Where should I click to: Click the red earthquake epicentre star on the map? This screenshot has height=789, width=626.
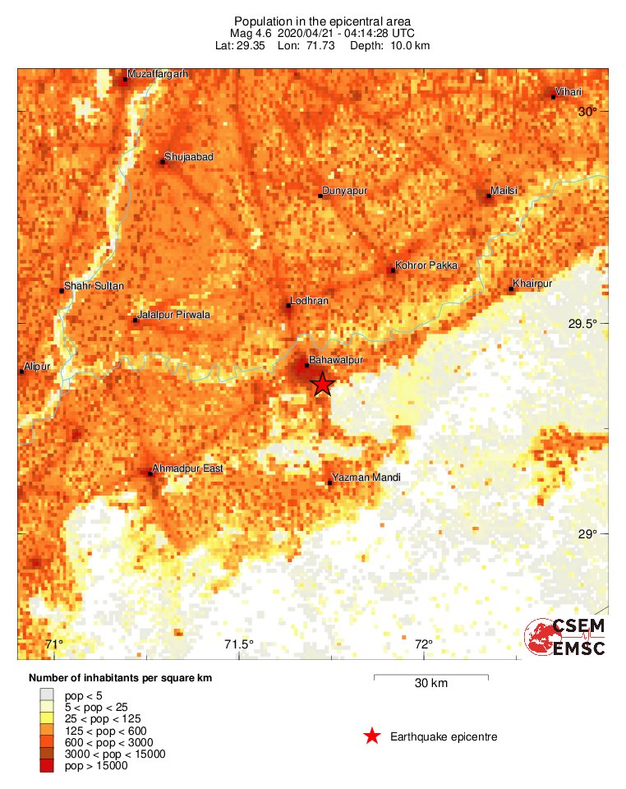coord(322,384)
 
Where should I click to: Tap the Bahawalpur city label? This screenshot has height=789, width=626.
coord(335,360)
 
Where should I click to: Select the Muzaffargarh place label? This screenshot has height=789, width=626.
coord(159,74)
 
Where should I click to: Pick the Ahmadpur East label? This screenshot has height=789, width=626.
coord(189,468)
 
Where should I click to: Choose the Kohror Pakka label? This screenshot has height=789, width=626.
coord(426,265)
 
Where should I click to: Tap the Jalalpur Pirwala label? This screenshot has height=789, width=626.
coord(175,315)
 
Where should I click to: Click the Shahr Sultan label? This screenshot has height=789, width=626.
coord(94,285)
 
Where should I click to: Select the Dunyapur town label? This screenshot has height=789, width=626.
coord(344,191)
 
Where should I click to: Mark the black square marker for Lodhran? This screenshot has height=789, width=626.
coord(288,306)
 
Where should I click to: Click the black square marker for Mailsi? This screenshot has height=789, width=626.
coord(489,196)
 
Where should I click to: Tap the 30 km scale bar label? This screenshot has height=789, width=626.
coord(431,683)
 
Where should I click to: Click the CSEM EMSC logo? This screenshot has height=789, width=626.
coord(565,638)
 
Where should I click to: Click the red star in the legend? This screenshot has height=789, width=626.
coord(372,736)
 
